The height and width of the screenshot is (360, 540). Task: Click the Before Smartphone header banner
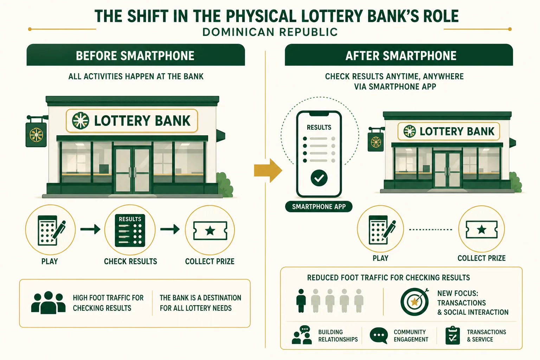136,55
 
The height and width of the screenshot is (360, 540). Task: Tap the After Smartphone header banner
399,55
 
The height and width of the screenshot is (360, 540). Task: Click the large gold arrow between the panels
268,171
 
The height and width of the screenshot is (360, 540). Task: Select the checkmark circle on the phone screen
319,178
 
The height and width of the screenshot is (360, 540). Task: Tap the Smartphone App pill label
319,207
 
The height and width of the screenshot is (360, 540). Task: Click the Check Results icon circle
130,230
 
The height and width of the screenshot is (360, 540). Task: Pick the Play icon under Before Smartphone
50,230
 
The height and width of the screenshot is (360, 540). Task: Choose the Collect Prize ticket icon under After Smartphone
482,229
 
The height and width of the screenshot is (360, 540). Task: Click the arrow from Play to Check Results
90,229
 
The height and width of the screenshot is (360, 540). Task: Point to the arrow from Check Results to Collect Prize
170,229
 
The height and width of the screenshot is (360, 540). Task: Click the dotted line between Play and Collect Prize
431,230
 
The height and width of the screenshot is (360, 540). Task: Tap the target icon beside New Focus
414,301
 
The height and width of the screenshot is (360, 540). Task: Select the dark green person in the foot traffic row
301,301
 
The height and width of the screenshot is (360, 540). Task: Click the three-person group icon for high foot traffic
48,303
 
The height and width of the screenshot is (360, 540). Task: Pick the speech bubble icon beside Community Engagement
379,335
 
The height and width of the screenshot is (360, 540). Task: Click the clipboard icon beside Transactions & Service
452,335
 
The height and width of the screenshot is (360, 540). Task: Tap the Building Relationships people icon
302,335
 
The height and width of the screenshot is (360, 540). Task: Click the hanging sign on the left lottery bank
36,134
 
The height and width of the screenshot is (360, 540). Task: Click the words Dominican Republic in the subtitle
270,32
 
